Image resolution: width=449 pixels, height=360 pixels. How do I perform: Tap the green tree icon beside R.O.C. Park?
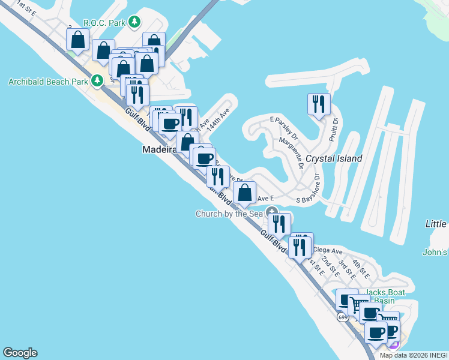(x=136, y=23)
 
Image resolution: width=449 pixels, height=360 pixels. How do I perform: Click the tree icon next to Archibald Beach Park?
(x=97, y=80)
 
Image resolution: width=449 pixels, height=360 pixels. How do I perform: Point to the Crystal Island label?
(x=334, y=158)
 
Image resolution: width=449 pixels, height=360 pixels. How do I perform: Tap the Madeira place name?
(x=158, y=149)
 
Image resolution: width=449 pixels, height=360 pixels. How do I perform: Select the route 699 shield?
(x=342, y=317)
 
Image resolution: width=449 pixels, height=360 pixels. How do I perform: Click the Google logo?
(x=20, y=353)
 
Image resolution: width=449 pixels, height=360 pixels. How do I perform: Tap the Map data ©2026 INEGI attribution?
(x=414, y=355)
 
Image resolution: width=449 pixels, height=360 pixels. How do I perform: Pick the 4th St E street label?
(x=360, y=266)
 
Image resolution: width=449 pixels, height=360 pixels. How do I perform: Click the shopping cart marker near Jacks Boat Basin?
(x=359, y=305)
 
